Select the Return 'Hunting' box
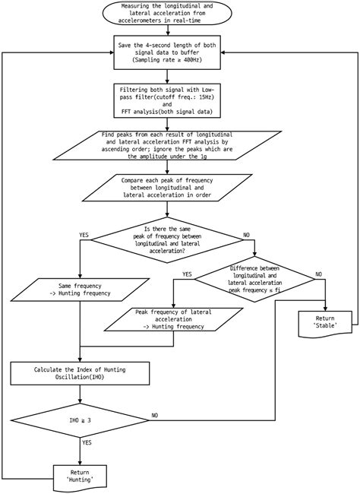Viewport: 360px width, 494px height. (x=80, y=477)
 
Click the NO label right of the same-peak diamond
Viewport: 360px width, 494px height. (x=246, y=235)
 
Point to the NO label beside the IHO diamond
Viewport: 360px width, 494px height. (x=155, y=415)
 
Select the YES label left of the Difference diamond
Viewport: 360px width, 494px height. (x=187, y=273)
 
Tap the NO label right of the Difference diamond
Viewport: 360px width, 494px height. (x=318, y=273)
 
